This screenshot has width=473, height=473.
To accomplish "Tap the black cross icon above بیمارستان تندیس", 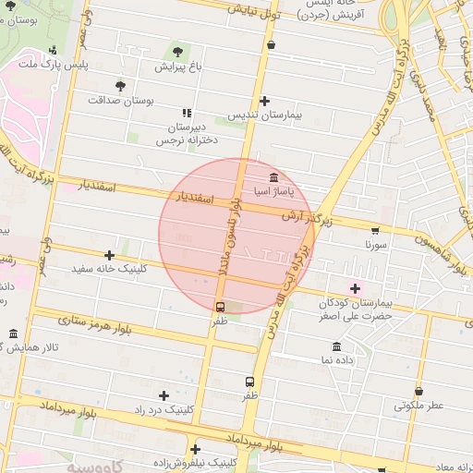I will point(265,101).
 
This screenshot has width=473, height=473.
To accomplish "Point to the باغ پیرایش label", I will point(176,67).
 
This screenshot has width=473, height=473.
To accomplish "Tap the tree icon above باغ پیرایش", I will point(177,52).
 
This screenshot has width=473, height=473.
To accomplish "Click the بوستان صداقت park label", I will point(119,100).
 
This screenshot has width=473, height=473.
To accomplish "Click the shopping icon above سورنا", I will point(375,231).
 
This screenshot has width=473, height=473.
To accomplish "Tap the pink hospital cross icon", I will point(355,289).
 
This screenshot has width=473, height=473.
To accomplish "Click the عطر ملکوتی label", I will point(419,405).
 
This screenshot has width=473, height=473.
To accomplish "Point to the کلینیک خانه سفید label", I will point(109,269).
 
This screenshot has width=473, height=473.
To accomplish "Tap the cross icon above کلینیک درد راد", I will point(164,395).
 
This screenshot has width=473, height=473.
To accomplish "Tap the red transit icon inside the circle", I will point(221,307).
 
